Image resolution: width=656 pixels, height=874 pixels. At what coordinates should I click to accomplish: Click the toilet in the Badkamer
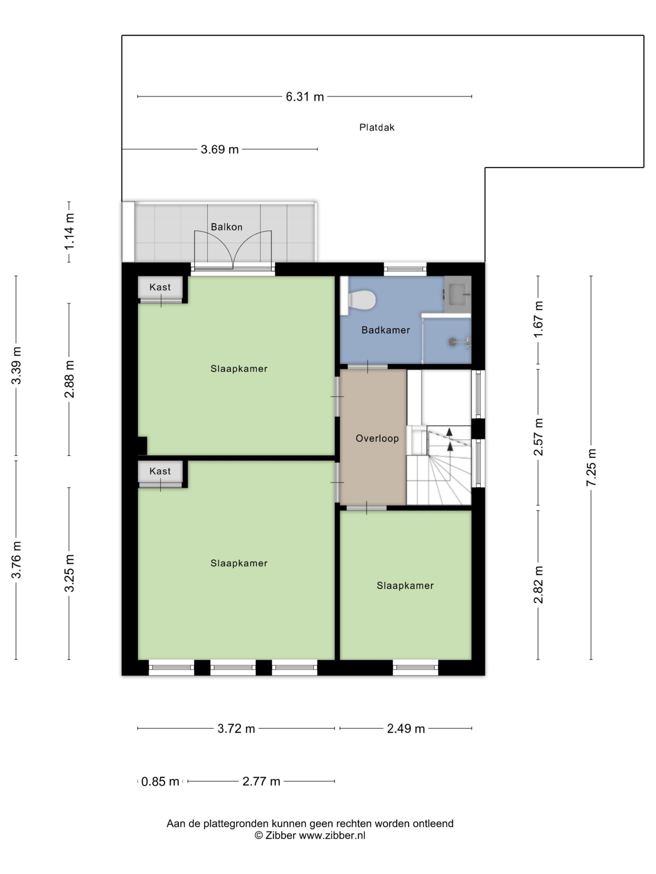pyautogui.click(x=358, y=299)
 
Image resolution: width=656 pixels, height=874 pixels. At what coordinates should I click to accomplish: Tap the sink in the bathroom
pyautogui.click(x=457, y=294)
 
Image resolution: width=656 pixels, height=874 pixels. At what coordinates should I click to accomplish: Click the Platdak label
pyautogui.click(x=377, y=127)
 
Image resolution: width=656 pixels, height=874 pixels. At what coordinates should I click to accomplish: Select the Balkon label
pyautogui.click(x=226, y=227)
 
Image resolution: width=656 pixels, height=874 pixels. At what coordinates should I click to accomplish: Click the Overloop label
pyautogui.click(x=377, y=438)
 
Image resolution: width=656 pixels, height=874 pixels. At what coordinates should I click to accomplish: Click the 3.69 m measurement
pyautogui.click(x=219, y=149)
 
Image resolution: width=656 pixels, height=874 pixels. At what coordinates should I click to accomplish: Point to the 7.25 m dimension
pyautogui.click(x=591, y=467)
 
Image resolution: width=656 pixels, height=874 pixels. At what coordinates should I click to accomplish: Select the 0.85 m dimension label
pyautogui.click(x=160, y=781)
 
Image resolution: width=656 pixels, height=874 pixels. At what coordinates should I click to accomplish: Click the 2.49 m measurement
pyautogui.click(x=406, y=728)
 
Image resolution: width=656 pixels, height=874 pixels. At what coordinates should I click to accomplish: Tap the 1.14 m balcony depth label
pyautogui.click(x=69, y=231)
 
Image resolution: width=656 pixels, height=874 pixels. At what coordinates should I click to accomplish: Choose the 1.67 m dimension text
pyautogui.click(x=538, y=319)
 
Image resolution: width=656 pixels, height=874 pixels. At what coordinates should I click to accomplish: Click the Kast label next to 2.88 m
pyautogui.click(x=160, y=287)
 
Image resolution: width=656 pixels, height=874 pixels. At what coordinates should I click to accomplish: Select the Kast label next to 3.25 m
pyautogui.click(x=160, y=471)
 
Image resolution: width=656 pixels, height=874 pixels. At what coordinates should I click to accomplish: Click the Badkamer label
pyautogui.click(x=385, y=330)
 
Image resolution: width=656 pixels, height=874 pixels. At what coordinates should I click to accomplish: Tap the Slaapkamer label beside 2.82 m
pyautogui.click(x=405, y=586)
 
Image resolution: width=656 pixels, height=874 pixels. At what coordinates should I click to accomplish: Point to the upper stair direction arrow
pyautogui.click(x=449, y=432)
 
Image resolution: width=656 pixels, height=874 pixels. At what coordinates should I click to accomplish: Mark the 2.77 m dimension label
pyautogui.click(x=261, y=781)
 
